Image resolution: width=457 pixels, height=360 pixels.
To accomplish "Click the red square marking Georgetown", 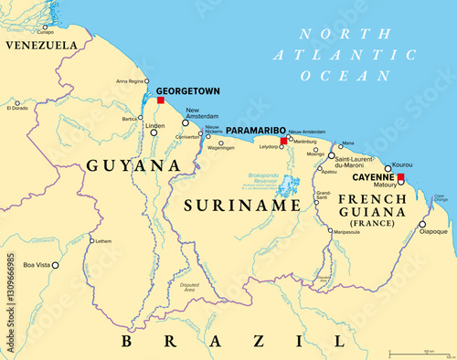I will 161,100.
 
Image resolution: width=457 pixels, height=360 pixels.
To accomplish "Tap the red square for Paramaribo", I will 283,142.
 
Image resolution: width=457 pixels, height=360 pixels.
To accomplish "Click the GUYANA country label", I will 133,165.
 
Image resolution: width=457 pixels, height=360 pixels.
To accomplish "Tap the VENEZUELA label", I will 41,45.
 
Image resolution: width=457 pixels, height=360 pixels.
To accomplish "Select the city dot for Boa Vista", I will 56,265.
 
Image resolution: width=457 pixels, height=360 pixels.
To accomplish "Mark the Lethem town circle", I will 91,241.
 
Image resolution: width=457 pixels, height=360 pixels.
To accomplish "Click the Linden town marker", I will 154,133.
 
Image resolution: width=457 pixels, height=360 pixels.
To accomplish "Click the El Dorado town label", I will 17,108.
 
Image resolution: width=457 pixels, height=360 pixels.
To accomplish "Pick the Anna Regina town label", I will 130,81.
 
